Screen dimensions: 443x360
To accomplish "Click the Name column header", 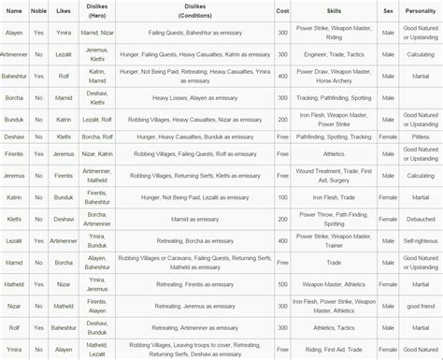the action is coord(14,11).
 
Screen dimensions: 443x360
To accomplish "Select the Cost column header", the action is coord(282,11).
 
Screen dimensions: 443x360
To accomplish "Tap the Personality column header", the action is coord(421,11).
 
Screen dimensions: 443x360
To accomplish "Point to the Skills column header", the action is coord(333,11).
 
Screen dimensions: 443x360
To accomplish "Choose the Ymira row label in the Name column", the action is coord(14,350).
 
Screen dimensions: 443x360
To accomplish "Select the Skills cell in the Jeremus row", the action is coord(333,176).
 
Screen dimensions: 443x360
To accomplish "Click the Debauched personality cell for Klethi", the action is coord(421,217).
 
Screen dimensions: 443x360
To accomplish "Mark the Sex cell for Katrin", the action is coord(388,196).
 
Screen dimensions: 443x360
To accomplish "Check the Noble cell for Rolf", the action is coord(38,326).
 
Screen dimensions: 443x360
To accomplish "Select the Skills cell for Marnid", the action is coord(333,264).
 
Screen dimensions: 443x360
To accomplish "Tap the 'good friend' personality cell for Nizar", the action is coord(421,305).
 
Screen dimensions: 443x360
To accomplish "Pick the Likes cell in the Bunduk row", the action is coord(63,120).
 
